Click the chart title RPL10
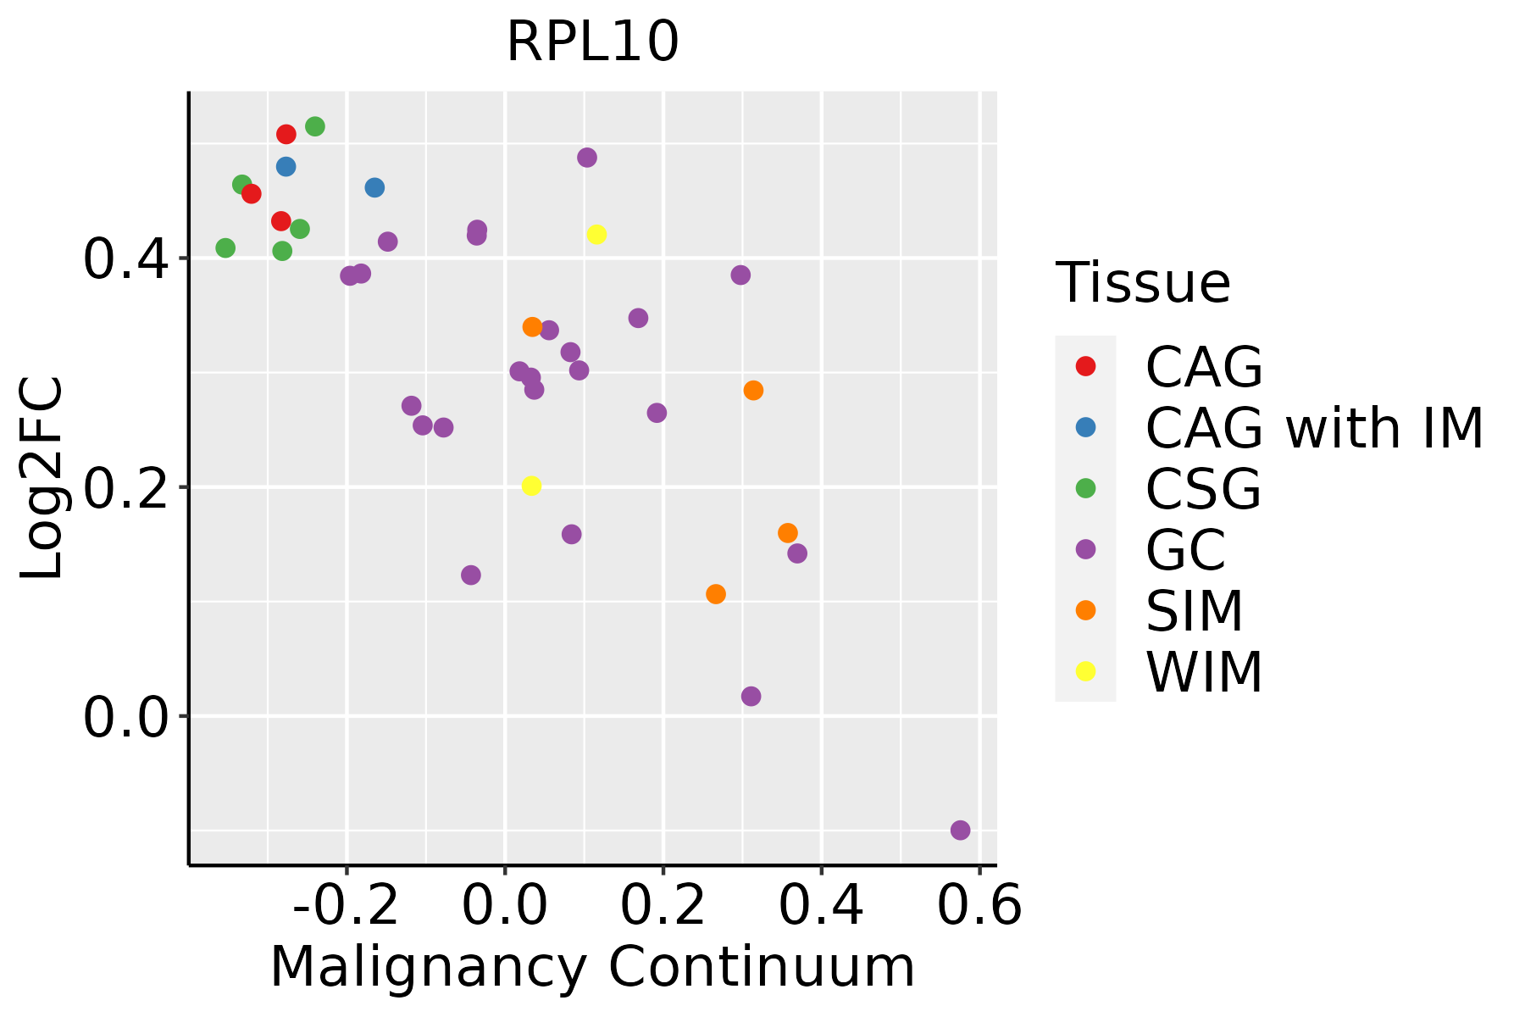click(x=592, y=42)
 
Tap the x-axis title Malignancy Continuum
click(x=592, y=967)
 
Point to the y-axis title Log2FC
click(x=42, y=478)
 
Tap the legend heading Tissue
click(x=1143, y=283)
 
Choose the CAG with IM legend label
click(x=1314, y=428)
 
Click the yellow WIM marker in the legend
click(x=1085, y=671)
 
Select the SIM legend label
click(x=1194, y=611)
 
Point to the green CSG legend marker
click(x=1085, y=488)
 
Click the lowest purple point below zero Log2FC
click(x=960, y=830)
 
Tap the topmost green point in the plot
click(x=315, y=126)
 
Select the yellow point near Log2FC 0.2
click(x=531, y=486)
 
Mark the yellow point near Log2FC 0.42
click(x=596, y=234)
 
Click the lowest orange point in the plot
click(x=716, y=594)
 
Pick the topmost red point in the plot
click(x=286, y=134)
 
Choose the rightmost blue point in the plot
click(x=374, y=187)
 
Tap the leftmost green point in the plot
click(x=225, y=248)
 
